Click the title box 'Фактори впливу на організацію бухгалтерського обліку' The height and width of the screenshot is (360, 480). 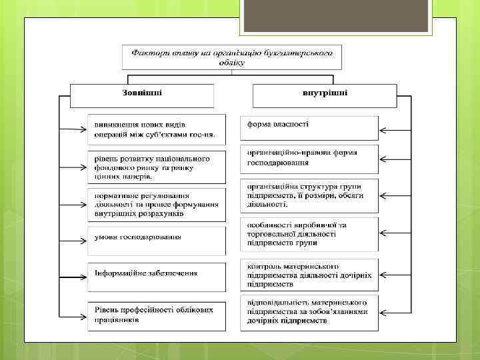click(232, 57)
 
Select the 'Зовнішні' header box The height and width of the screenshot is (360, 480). click(142, 95)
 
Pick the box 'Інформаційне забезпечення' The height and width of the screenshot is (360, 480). click(156, 275)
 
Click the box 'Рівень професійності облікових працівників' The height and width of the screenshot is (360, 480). click(156, 315)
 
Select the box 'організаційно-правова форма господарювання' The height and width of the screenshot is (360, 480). click(309, 159)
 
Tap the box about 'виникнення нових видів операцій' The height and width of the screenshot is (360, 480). click(156, 129)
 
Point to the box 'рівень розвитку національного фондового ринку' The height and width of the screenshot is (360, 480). click(156, 167)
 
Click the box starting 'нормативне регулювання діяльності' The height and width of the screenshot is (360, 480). click(156, 203)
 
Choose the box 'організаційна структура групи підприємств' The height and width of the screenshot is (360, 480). click(309, 195)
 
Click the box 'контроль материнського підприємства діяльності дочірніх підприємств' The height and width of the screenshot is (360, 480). click(309, 275)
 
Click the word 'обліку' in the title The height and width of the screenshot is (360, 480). click(231, 63)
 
